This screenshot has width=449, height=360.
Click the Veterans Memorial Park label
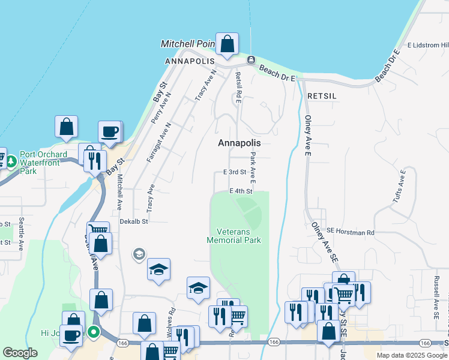(x=234, y=236)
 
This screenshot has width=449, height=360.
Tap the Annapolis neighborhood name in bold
(x=240, y=143)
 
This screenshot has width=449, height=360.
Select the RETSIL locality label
(x=322, y=96)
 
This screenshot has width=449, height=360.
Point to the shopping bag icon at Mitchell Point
(x=228, y=44)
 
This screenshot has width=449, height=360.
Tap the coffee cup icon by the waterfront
(x=110, y=132)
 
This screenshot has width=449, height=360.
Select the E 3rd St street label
(x=235, y=172)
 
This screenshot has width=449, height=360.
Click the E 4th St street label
(x=241, y=191)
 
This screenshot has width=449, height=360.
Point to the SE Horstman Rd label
(x=351, y=232)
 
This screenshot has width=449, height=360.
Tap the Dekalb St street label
(x=133, y=221)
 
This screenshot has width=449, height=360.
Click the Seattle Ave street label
(x=21, y=234)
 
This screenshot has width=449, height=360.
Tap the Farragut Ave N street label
(x=159, y=142)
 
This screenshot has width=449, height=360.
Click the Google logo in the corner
(x=20, y=353)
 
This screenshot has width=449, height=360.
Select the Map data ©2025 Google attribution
(x=411, y=355)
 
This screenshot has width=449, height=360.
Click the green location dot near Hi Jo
(x=93, y=331)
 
